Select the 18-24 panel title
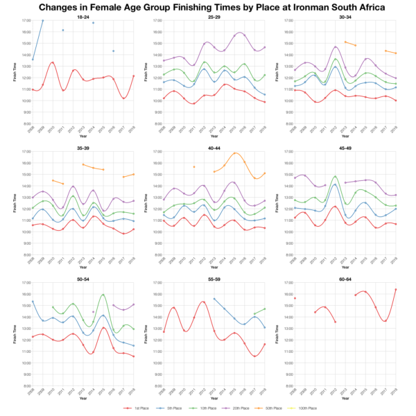pos(83,16)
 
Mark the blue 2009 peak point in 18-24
pos(43,21)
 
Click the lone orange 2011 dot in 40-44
pos(194,167)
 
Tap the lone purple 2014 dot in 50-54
pos(93,312)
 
